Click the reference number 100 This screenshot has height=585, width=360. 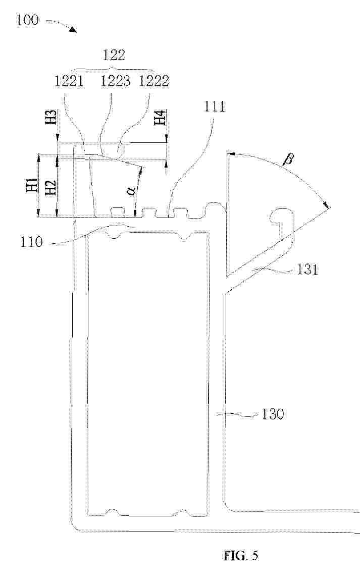coord(27,19)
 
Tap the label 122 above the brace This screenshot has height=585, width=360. coord(114,55)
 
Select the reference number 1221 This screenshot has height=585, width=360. coord(69,81)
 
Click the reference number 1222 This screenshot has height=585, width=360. coord(153,81)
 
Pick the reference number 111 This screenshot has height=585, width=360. coord(214,107)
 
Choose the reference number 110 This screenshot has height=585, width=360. coord(31,242)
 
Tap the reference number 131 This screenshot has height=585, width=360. coord(307,270)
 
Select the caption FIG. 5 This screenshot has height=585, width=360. coord(241,556)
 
